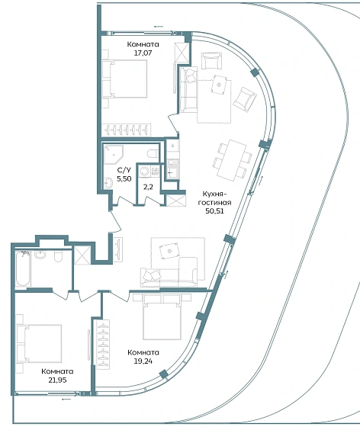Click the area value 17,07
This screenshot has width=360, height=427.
coord(143,53)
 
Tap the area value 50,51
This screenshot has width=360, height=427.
coord(214,210)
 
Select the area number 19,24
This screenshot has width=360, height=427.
coord(143,361)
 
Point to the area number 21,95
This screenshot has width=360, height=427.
coord(57,380)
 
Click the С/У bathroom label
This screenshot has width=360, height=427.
coord(124,170)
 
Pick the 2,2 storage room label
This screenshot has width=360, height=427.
coord(148,187)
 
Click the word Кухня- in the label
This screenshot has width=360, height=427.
coord(214,194)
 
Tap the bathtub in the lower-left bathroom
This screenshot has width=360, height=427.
coord(23,268)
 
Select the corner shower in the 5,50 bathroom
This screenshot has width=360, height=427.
coord(114,154)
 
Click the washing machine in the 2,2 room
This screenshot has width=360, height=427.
coord(144,172)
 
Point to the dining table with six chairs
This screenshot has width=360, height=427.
coord(233,160)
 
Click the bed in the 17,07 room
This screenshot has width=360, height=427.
coord(125,79)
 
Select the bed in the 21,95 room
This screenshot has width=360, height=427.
coord(39,343)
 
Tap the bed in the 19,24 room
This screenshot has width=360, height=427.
coord(162,316)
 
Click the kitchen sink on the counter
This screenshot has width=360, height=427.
coord(172,172)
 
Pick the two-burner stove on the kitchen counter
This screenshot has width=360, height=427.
coord(172,162)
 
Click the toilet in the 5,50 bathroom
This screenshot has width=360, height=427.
coord(153,153)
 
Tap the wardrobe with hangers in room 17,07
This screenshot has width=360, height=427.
coord(126,130)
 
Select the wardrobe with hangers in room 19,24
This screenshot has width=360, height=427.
coord(103,345)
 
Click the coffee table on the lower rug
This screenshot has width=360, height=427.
coord(169,251)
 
